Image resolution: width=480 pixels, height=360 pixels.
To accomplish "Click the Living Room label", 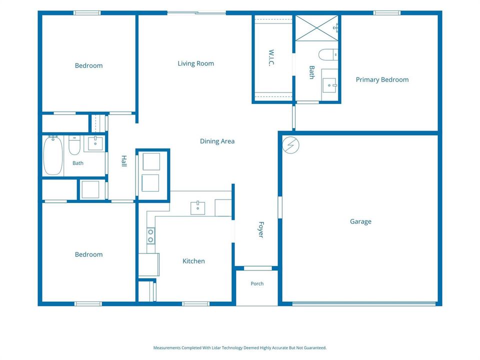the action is pyautogui.click(x=195, y=63).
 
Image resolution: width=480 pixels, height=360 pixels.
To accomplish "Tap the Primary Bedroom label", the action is pyautogui.click(x=382, y=79).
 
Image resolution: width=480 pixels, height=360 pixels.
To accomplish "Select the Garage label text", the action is pyautogui.click(x=360, y=221).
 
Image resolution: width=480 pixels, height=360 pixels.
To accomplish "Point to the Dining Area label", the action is pyautogui.click(x=217, y=141).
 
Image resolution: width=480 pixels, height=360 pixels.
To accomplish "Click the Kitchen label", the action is pyautogui.click(x=193, y=261).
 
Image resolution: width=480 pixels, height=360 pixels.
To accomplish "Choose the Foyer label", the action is pyautogui.click(x=261, y=229).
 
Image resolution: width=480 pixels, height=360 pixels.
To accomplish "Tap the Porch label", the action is pyautogui.click(x=257, y=283).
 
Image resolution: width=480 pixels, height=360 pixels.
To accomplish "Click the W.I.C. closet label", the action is pyautogui.click(x=271, y=58).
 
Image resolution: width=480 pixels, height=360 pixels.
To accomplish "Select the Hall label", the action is pyautogui.click(x=124, y=161).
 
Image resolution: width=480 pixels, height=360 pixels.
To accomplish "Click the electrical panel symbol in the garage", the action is pyautogui.click(x=291, y=145).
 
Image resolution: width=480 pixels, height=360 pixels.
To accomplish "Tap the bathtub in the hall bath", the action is pyautogui.click(x=53, y=155).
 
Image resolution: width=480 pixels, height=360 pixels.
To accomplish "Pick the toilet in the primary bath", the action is pyautogui.click(x=328, y=55).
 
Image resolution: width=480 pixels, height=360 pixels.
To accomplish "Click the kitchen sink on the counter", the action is pyautogui.click(x=198, y=208).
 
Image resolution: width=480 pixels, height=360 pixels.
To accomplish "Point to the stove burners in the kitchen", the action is pyautogui.click(x=150, y=236).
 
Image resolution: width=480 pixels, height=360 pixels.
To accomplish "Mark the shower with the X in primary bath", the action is pyautogui.click(x=317, y=28).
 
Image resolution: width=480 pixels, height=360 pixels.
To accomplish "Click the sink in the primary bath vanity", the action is pyautogui.click(x=329, y=84).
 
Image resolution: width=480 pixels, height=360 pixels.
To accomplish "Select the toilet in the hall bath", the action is pyautogui.click(x=74, y=145).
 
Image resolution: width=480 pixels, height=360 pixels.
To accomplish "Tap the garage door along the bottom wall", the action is pyautogui.click(x=363, y=303).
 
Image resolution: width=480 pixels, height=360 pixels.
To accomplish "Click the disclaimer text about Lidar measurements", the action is pyautogui.click(x=240, y=348).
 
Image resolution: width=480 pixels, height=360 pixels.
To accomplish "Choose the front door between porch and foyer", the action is pyautogui.click(x=258, y=268).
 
